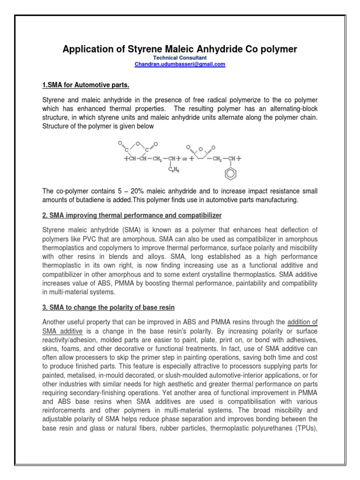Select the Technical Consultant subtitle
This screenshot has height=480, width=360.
(180, 58)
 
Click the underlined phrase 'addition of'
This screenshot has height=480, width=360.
(302, 322)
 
